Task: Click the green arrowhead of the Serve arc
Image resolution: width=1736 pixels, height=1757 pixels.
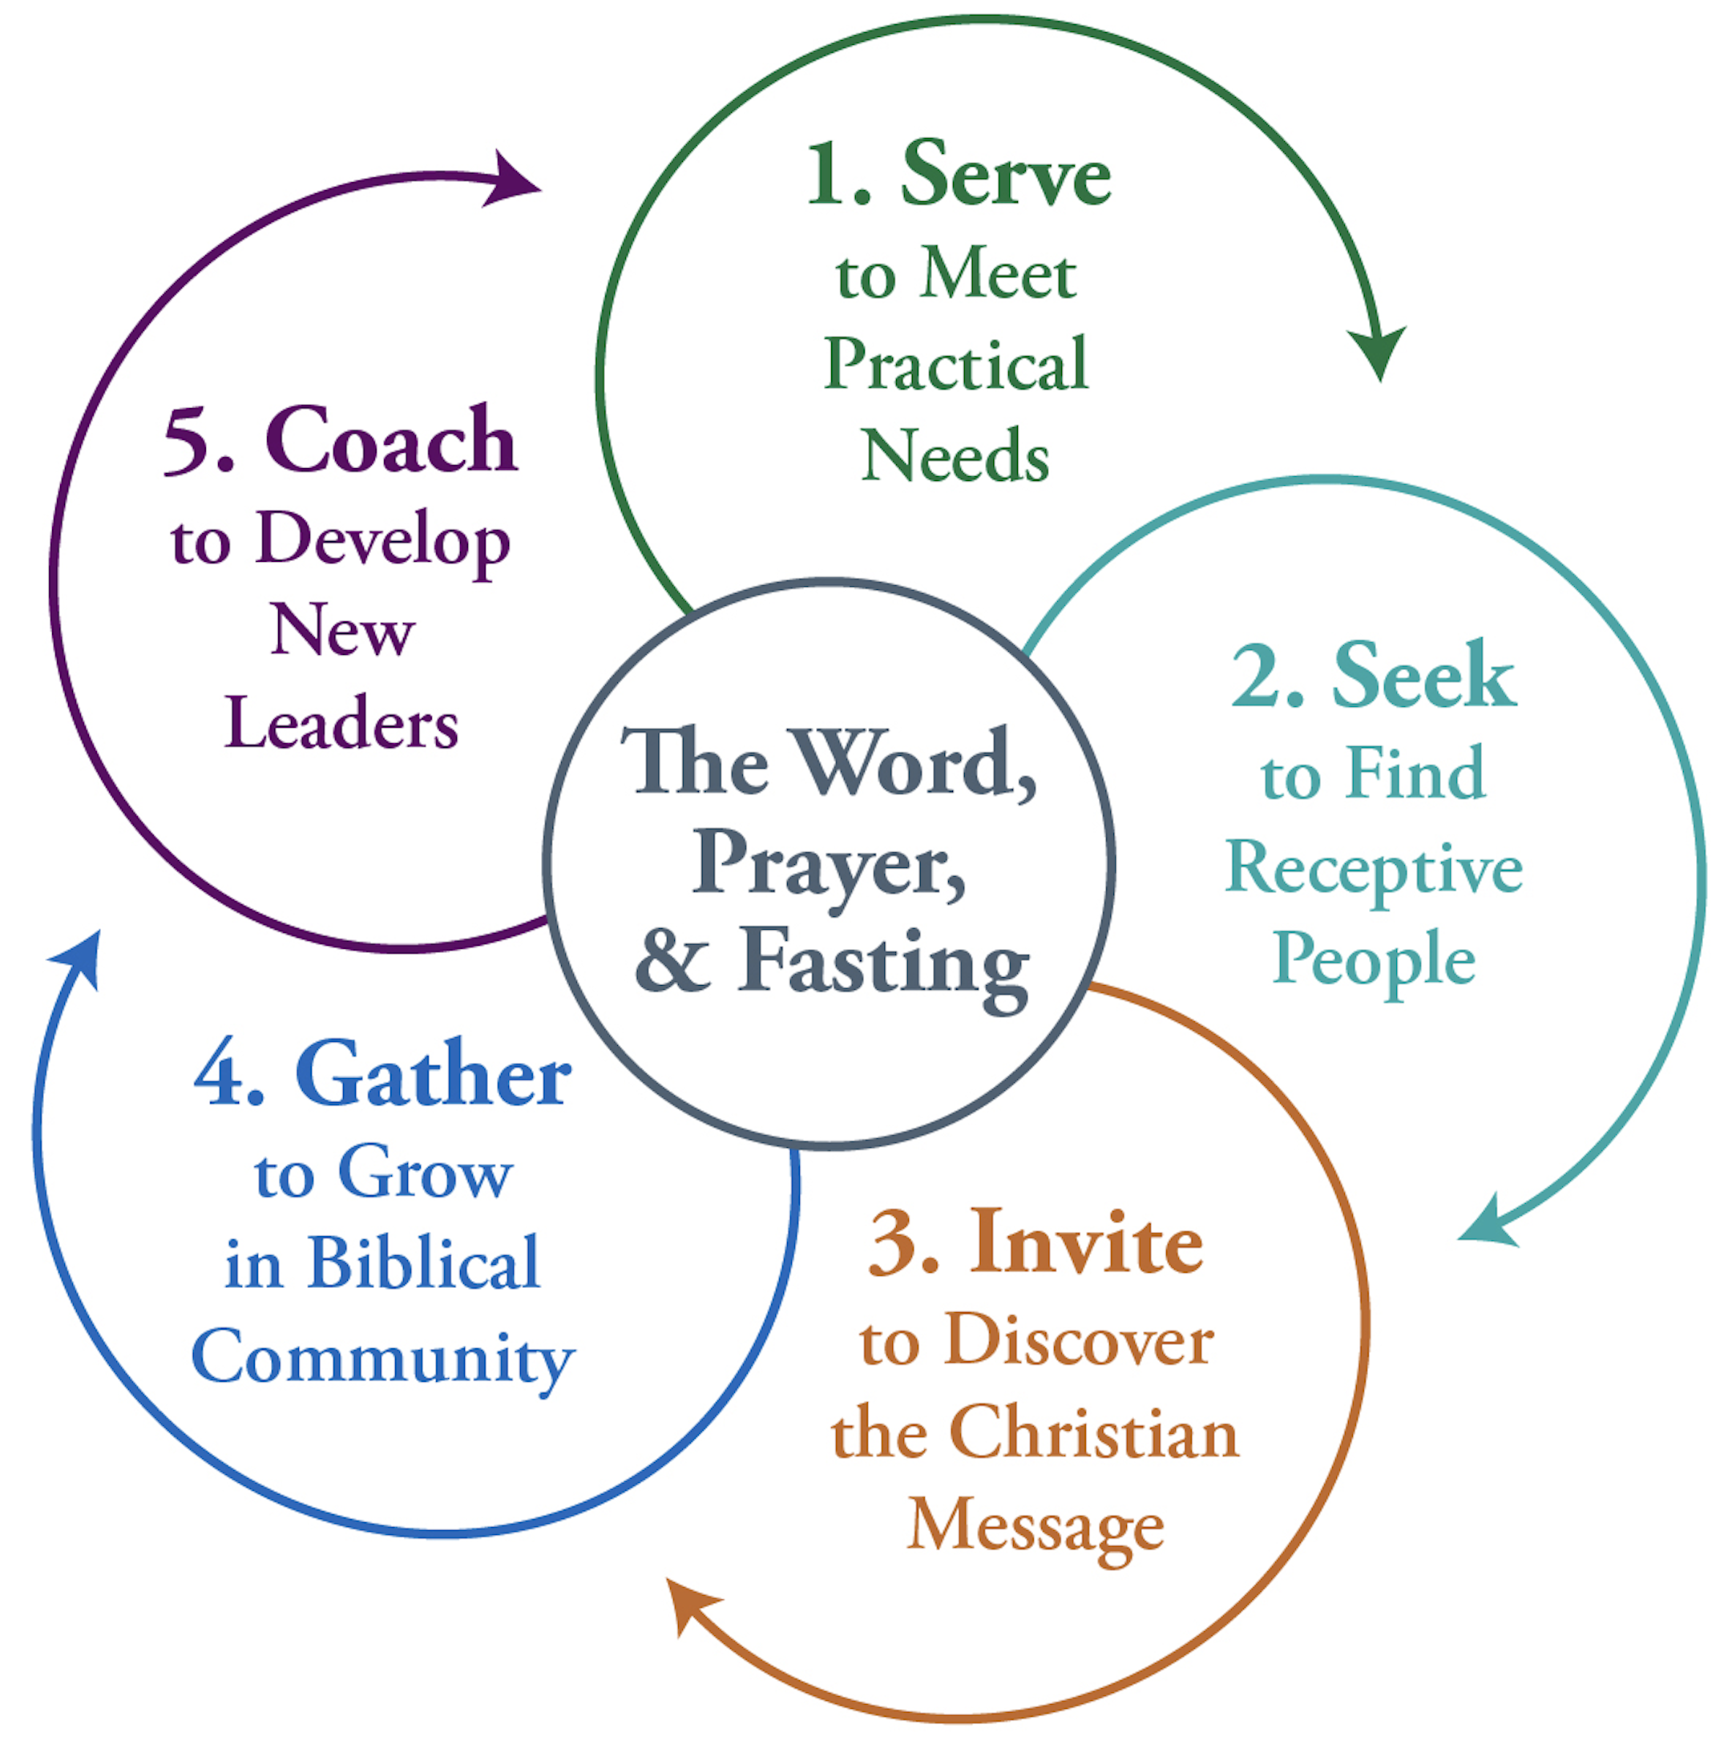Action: (x=1377, y=350)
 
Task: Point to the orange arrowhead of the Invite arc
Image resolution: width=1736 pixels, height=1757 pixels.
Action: (x=688, y=1608)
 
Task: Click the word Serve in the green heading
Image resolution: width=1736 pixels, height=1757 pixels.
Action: (x=1005, y=175)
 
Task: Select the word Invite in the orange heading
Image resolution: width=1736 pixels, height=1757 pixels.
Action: (x=1086, y=1243)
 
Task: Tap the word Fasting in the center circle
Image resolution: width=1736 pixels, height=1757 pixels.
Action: (x=882, y=964)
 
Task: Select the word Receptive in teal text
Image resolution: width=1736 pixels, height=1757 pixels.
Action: (x=1373, y=869)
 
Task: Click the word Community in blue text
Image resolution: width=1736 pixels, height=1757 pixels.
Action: (x=383, y=1358)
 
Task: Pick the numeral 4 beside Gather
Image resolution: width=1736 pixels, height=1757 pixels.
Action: (x=220, y=1076)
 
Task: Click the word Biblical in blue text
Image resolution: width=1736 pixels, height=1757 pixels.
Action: (x=424, y=1264)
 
